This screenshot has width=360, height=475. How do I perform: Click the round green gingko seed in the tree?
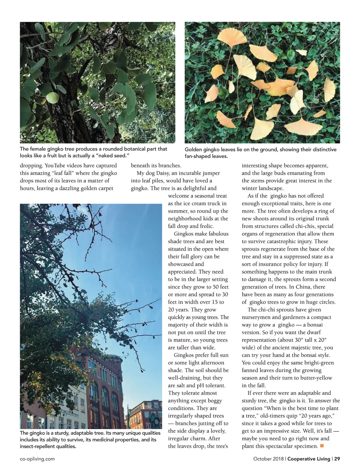(53, 98)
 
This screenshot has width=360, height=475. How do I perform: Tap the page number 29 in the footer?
(337, 459)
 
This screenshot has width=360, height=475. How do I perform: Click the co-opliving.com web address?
(37, 459)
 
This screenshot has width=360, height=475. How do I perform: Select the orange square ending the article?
(322, 446)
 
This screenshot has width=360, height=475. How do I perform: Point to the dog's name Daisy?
(163, 173)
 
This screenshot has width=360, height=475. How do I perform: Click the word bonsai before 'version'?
(315, 325)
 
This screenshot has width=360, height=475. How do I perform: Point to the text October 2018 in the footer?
(269, 459)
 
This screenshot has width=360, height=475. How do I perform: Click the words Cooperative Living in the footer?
(309, 459)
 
